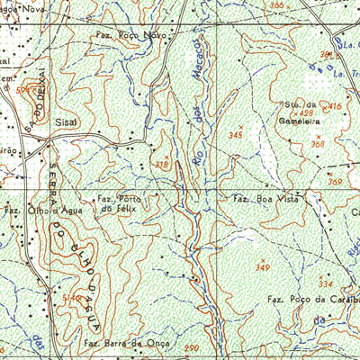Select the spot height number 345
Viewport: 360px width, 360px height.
click(236, 134)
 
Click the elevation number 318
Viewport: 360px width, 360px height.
click(162, 164)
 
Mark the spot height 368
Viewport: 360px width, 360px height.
click(317, 143)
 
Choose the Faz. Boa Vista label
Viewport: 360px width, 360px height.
click(264, 198)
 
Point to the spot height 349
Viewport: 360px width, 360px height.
click(263, 268)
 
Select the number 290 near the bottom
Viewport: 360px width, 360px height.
click(191, 347)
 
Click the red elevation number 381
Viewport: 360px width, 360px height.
click(325, 55)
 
